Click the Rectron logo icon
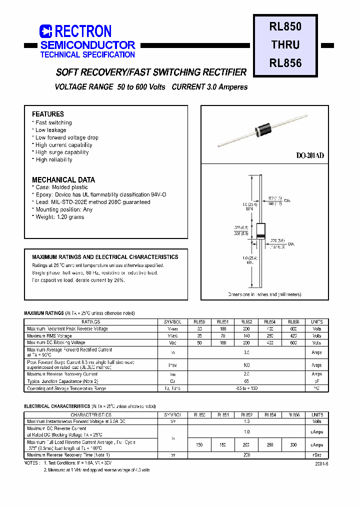[45, 31]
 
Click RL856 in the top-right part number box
[285, 63]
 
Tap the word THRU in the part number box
[285, 44]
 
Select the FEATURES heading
[48, 114]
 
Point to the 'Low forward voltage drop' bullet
[66, 137]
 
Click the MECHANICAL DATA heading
[63, 179]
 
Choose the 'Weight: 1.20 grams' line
[59, 217]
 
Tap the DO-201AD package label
[310, 156]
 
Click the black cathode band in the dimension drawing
[260, 235]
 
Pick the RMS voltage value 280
[270, 336]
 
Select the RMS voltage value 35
[199, 336]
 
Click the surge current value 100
[246, 365]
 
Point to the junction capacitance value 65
[246, 381]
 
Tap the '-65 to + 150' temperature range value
[246, 388]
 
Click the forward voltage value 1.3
[246, 421]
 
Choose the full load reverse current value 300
[293, 445]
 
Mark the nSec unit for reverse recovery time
[317, 455]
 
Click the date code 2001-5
[322, 463]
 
